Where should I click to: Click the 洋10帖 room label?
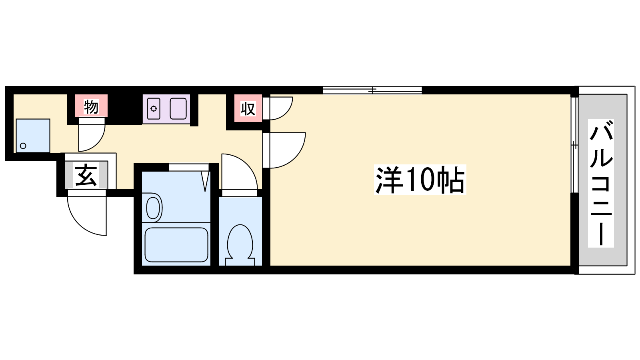click(x=420, y=180)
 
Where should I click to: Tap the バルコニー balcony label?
click(x=601, y=183)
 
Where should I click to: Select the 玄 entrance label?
click(x=86, y=175)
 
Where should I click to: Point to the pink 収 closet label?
click(x=248, y=108)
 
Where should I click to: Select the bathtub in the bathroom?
click(x=176, y=244)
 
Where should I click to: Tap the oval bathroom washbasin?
click(x=153, y=207)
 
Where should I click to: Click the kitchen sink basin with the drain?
click(x=154, y=108)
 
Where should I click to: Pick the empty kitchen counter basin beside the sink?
click(x=178, y=108)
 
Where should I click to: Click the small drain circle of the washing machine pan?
click(x=23, y=146)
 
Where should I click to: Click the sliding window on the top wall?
click(x=372, y=90)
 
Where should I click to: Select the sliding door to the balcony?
click(x=574, y=145)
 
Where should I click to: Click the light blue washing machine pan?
click(x=33, y=136)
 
